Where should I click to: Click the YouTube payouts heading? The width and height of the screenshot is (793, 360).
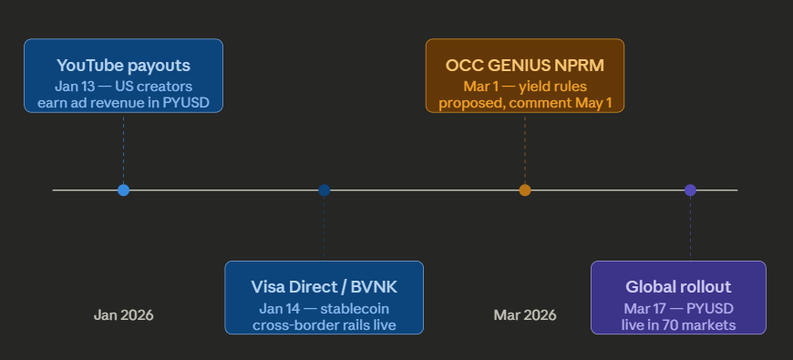tap(123, 66)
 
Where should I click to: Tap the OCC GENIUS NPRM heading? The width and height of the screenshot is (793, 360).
tap(524, 66)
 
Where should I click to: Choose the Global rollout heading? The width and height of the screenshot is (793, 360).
tap(678, 287)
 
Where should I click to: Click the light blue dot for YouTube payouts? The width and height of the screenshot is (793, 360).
tap(124, 190)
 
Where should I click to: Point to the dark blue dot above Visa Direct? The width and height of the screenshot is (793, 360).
tap(324, 190)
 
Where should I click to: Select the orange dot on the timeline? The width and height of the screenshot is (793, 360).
tap(525, 190)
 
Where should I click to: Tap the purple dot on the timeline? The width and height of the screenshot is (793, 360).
tap(690, 190)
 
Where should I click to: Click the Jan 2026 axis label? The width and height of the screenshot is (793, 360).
tap(123, 315)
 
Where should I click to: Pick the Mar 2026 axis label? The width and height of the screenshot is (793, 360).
tap(525, 315)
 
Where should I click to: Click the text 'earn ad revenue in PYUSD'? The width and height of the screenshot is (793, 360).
tap(123, 102)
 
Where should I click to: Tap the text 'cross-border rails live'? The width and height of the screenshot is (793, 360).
tap(324, 324)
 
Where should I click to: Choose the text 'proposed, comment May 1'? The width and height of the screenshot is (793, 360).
tap(524, 102)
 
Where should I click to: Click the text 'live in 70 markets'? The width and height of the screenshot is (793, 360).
tap(678, 324)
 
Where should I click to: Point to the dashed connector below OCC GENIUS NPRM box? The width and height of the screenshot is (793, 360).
tap(525, 146)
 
